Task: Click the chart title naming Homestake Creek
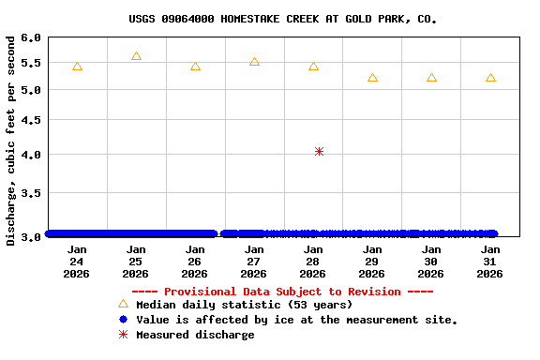click(282, 19)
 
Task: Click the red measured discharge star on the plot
click(320, 151)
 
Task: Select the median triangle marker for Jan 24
click(77, 67)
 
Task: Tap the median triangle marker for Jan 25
click(136, 56)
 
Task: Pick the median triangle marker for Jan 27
click(254, 62)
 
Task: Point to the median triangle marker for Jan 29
click(372, 78)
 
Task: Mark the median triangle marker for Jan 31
click(490, 78)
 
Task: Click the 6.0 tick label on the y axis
click(31, 38)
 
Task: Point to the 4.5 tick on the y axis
click(31, 120)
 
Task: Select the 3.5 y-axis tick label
click(31, 193)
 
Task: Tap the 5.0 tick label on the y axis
click(31, 90)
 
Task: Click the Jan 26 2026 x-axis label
click(195, 262)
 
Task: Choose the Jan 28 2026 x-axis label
click(313, 262)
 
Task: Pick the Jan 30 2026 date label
click(431, 262)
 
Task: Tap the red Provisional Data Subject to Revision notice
click(282, 292)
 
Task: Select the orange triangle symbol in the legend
click(123, 304)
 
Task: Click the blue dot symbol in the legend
click(123, 320)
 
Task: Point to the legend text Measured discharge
click(195, 335)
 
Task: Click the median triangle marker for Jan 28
click(313, 67)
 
